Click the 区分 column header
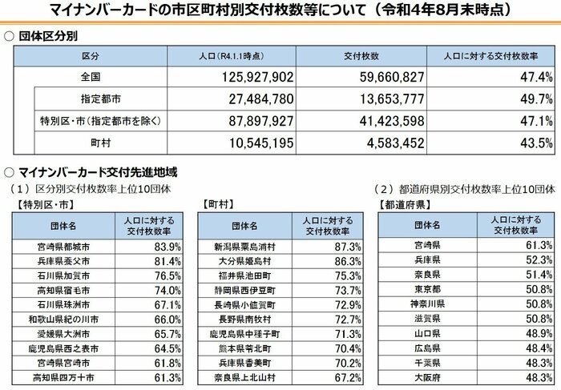pyautogui.click(x=90, y=57)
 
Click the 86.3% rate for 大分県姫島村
pyautogui.click(x=345, y=261)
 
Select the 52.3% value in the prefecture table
pyautogui.click(x=536, y=261)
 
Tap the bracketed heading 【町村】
pyautogui.click(x=221, y=204)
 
